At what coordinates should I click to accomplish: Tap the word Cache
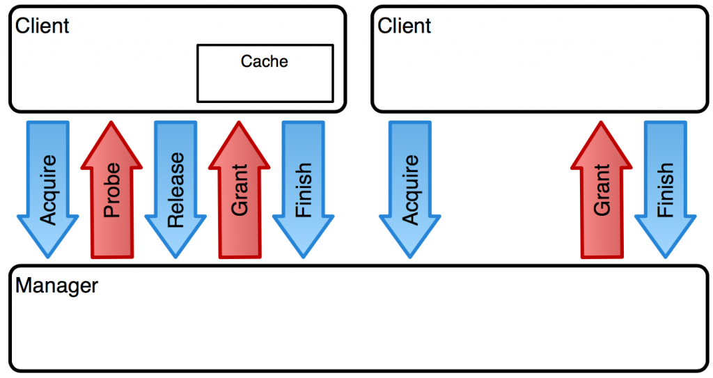(264, 61)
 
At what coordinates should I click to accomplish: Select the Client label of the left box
(42, 26)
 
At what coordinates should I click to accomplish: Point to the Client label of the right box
(405, 26)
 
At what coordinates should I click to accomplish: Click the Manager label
(57, 286)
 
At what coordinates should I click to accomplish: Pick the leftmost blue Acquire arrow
(48, 189)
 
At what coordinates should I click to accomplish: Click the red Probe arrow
(111, 189)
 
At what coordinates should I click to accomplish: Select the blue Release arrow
(175, 189)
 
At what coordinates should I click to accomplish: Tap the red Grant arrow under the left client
(240, 189)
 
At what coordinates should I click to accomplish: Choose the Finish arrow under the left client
(304, 189)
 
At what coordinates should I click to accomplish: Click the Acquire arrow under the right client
(409, 189)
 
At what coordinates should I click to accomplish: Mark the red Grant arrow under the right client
(601, 189)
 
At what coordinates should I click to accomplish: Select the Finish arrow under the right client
(665, 189)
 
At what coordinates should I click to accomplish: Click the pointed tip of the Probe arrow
(111, 122)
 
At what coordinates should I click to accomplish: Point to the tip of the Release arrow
(175, 258)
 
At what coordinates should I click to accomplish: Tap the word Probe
(112, 189)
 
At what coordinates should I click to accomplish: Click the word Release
(176, 190)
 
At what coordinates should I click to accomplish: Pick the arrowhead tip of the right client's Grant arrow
(601, 122)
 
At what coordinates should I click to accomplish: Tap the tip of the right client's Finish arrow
(665, 258)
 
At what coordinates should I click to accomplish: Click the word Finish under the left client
(304, 189)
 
